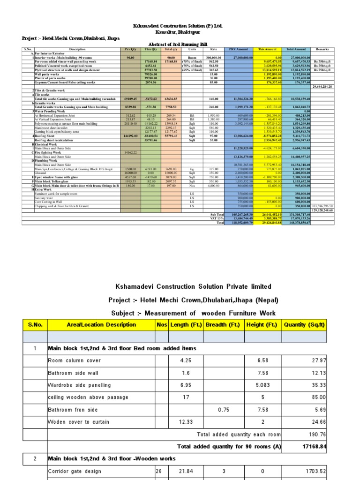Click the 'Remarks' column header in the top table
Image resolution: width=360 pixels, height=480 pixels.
322,49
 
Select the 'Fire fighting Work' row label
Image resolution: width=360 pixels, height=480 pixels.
48,152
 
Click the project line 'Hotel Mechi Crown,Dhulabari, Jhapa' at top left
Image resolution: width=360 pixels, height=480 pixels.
71,38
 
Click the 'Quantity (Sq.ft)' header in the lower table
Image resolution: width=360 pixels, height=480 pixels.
305,324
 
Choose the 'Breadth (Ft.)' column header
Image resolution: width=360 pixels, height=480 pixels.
222,324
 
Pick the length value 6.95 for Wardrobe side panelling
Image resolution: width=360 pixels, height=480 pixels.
186,385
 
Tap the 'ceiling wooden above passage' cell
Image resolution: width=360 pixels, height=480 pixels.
88,397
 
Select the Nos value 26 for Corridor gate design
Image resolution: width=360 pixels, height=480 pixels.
158,471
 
